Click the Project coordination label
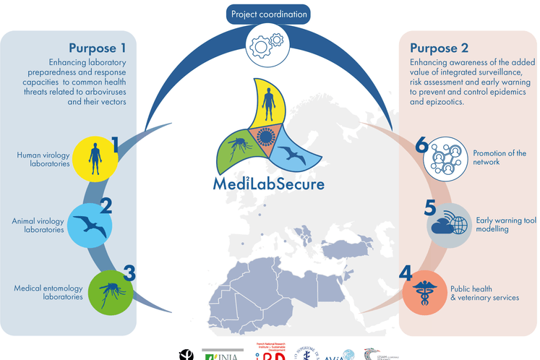coord(269,14)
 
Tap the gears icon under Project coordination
coord(269,45)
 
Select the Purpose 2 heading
coord(439,48)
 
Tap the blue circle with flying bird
coord(90,222)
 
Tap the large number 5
coord(430,207)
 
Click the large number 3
coord(129,273)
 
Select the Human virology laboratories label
coord(43,159)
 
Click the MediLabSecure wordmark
coord(269,183)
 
